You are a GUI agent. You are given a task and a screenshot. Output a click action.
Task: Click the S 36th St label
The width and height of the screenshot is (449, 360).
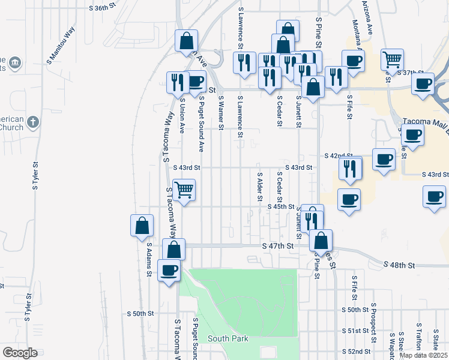click(x=101, y=8)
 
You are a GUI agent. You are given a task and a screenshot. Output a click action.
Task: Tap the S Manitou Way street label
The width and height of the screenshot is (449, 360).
click(x=61, y=41)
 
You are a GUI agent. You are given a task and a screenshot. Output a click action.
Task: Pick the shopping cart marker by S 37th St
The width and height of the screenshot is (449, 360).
click(x=392, y=59)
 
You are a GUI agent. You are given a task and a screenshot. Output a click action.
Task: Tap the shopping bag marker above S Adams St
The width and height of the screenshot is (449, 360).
click(x=142, y=226)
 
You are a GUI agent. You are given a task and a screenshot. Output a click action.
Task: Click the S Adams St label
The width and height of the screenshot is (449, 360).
click(x=148, y=259)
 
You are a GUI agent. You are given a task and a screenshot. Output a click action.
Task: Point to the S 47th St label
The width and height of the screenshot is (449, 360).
click(x=278, y=246)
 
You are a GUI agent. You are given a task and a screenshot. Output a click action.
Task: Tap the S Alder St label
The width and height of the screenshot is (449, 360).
click(x=260, y=187)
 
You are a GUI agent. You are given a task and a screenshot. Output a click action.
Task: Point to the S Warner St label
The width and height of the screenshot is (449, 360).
click(x=221, y=112)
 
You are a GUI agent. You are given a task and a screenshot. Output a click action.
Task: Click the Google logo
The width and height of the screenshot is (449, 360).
click(x=20, y=352)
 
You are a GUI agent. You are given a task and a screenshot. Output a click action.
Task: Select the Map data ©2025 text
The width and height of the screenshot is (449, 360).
click(x=424, y=355)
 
